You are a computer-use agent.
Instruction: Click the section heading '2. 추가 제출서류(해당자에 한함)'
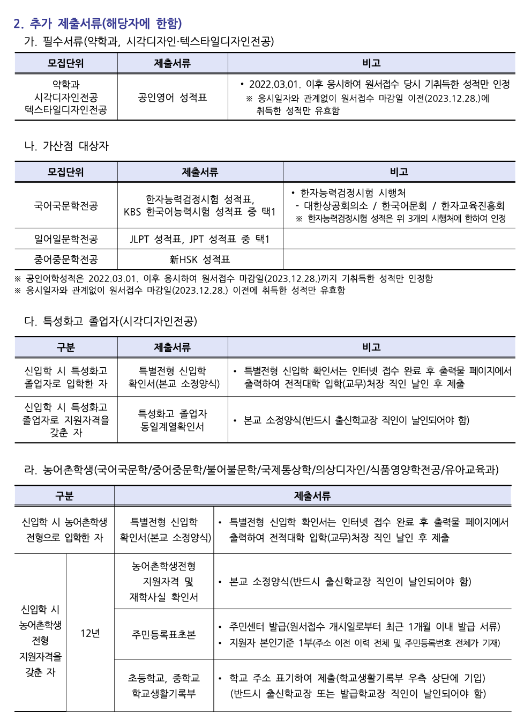click(98, 24)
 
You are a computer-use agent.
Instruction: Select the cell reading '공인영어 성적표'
click(172, 97)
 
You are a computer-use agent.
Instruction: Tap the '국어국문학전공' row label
click(66, 206)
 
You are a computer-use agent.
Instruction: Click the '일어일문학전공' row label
click(66, 239)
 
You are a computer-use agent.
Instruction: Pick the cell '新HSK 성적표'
click(200, 259)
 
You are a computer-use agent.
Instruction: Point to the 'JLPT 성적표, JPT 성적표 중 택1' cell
click(200, 239)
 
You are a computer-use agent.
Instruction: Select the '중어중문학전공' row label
click(66, 259)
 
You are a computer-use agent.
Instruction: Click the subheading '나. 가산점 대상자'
click(66, 146)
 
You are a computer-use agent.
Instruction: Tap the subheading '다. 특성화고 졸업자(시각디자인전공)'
click(111, 321)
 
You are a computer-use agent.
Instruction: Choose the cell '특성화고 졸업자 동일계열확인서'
click(172, 420)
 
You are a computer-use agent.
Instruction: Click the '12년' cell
click(90, 633)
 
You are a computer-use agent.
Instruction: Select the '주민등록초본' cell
click(163, 634)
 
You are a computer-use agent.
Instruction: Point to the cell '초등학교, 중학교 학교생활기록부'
click(163, 686)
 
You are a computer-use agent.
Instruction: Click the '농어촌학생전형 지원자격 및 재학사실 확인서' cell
click(163, 581)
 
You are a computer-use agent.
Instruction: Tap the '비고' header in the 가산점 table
click(399, 172)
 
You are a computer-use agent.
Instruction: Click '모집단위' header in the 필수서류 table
click(66, 63)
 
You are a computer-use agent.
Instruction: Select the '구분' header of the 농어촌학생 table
click(64, 496)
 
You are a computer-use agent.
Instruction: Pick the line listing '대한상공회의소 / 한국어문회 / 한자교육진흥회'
click(404, 206)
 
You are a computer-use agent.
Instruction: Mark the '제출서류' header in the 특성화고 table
click(172, 347)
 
